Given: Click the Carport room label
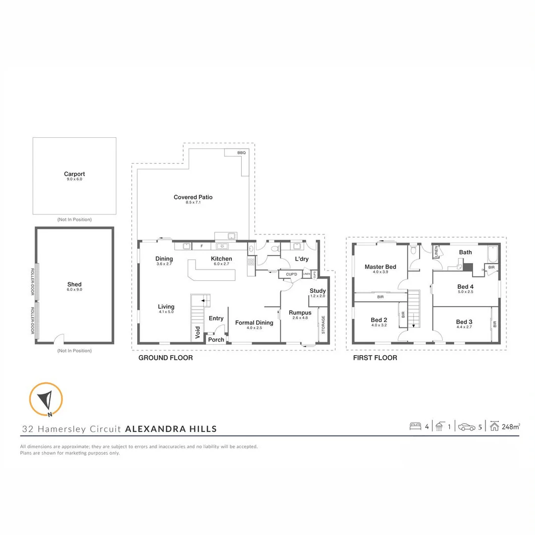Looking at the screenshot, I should [74, 174].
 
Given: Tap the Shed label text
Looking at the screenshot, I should [74, 284].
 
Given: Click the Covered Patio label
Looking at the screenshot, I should [193, 197].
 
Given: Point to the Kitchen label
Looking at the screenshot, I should [221, 259].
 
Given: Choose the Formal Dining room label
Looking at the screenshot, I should [254, 323].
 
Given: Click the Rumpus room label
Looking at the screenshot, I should [300, 313].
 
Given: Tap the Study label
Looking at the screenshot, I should [318, 291].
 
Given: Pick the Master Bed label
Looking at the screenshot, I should [380, 267].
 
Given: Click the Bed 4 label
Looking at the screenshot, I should [465, 287].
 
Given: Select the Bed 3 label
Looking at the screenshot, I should [464, 322].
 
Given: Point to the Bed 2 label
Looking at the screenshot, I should [379, 321].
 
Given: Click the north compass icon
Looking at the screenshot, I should [46, 399].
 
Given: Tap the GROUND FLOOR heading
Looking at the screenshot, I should [165, 358].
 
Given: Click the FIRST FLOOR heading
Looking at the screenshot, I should [374, 358].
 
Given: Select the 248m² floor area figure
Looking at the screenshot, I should [511, 427].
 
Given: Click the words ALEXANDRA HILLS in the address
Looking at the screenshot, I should [171, 429].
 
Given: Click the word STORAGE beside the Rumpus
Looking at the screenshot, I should [323, 324].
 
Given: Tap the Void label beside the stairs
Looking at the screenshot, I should [198, 333].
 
